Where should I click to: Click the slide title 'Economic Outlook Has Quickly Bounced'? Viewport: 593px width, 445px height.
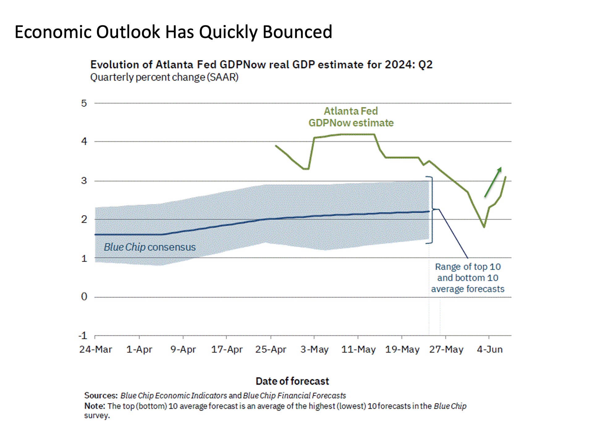click(x=173, y=32)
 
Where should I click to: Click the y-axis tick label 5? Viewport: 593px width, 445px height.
click(x=84, y=103)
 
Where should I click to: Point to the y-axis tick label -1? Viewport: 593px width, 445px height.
click(x=83, y=336)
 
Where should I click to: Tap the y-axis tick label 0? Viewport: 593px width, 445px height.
click(x=84, y=297)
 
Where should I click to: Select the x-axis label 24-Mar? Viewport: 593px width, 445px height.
click(x=95, y=350)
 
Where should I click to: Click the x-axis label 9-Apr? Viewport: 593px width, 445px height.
click(x=183, y=350)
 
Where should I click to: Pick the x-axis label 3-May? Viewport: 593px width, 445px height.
click(x=314, y=350)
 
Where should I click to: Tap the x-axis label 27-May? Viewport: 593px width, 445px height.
click(x=446, y=350)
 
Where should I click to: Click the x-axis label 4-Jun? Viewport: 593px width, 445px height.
click(x=490, y=350)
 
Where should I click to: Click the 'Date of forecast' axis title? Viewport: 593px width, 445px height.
click(x=292, y=381)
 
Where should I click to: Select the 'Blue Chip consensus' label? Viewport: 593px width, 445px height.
click(x=149, y=247)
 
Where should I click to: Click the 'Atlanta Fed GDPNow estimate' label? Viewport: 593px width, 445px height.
click(x=351, y=117)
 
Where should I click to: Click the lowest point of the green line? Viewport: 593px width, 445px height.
click(x=484, y=227)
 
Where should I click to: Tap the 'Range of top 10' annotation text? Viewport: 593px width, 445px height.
click(x=468, y=267)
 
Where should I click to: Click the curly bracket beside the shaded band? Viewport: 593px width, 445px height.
click(x=431, y=210)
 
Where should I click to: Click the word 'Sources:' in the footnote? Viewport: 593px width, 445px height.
click(x=101, y=396)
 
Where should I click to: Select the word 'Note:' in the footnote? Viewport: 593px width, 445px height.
click(x=95, y=406)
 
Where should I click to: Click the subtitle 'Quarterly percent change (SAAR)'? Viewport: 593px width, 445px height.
click(x=164, y=77)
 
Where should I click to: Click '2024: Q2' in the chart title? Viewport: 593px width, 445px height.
click(x=408, y=65)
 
